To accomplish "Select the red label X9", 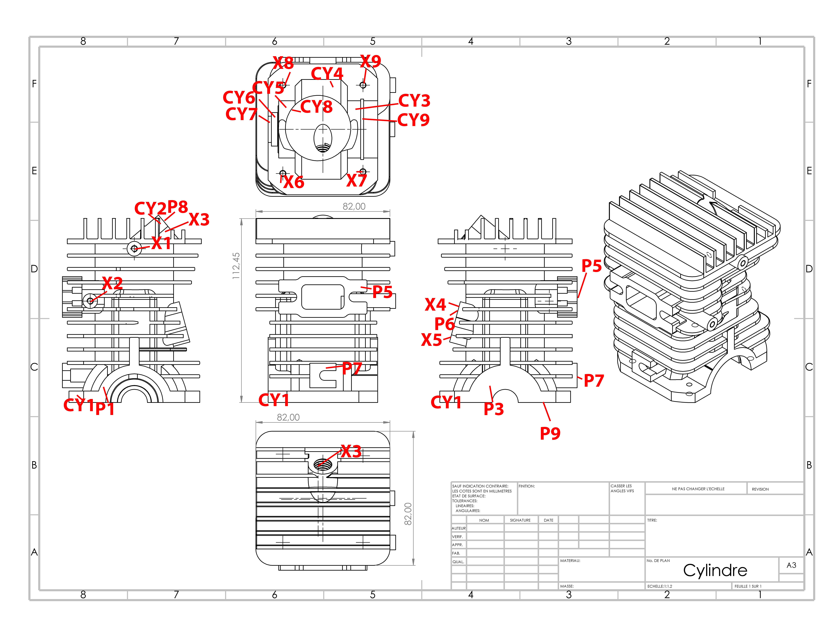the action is pos(371,61).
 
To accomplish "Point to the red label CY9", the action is pos(413,120).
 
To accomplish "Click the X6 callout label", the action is pos(294,182).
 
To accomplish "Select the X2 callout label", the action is pos(112,283).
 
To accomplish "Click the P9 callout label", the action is pos(550,433).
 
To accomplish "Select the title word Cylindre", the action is pos(715,570).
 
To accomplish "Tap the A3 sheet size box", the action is pos(791,565).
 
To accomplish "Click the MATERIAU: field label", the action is pos(570,561).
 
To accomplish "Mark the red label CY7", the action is pos(241,114).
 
